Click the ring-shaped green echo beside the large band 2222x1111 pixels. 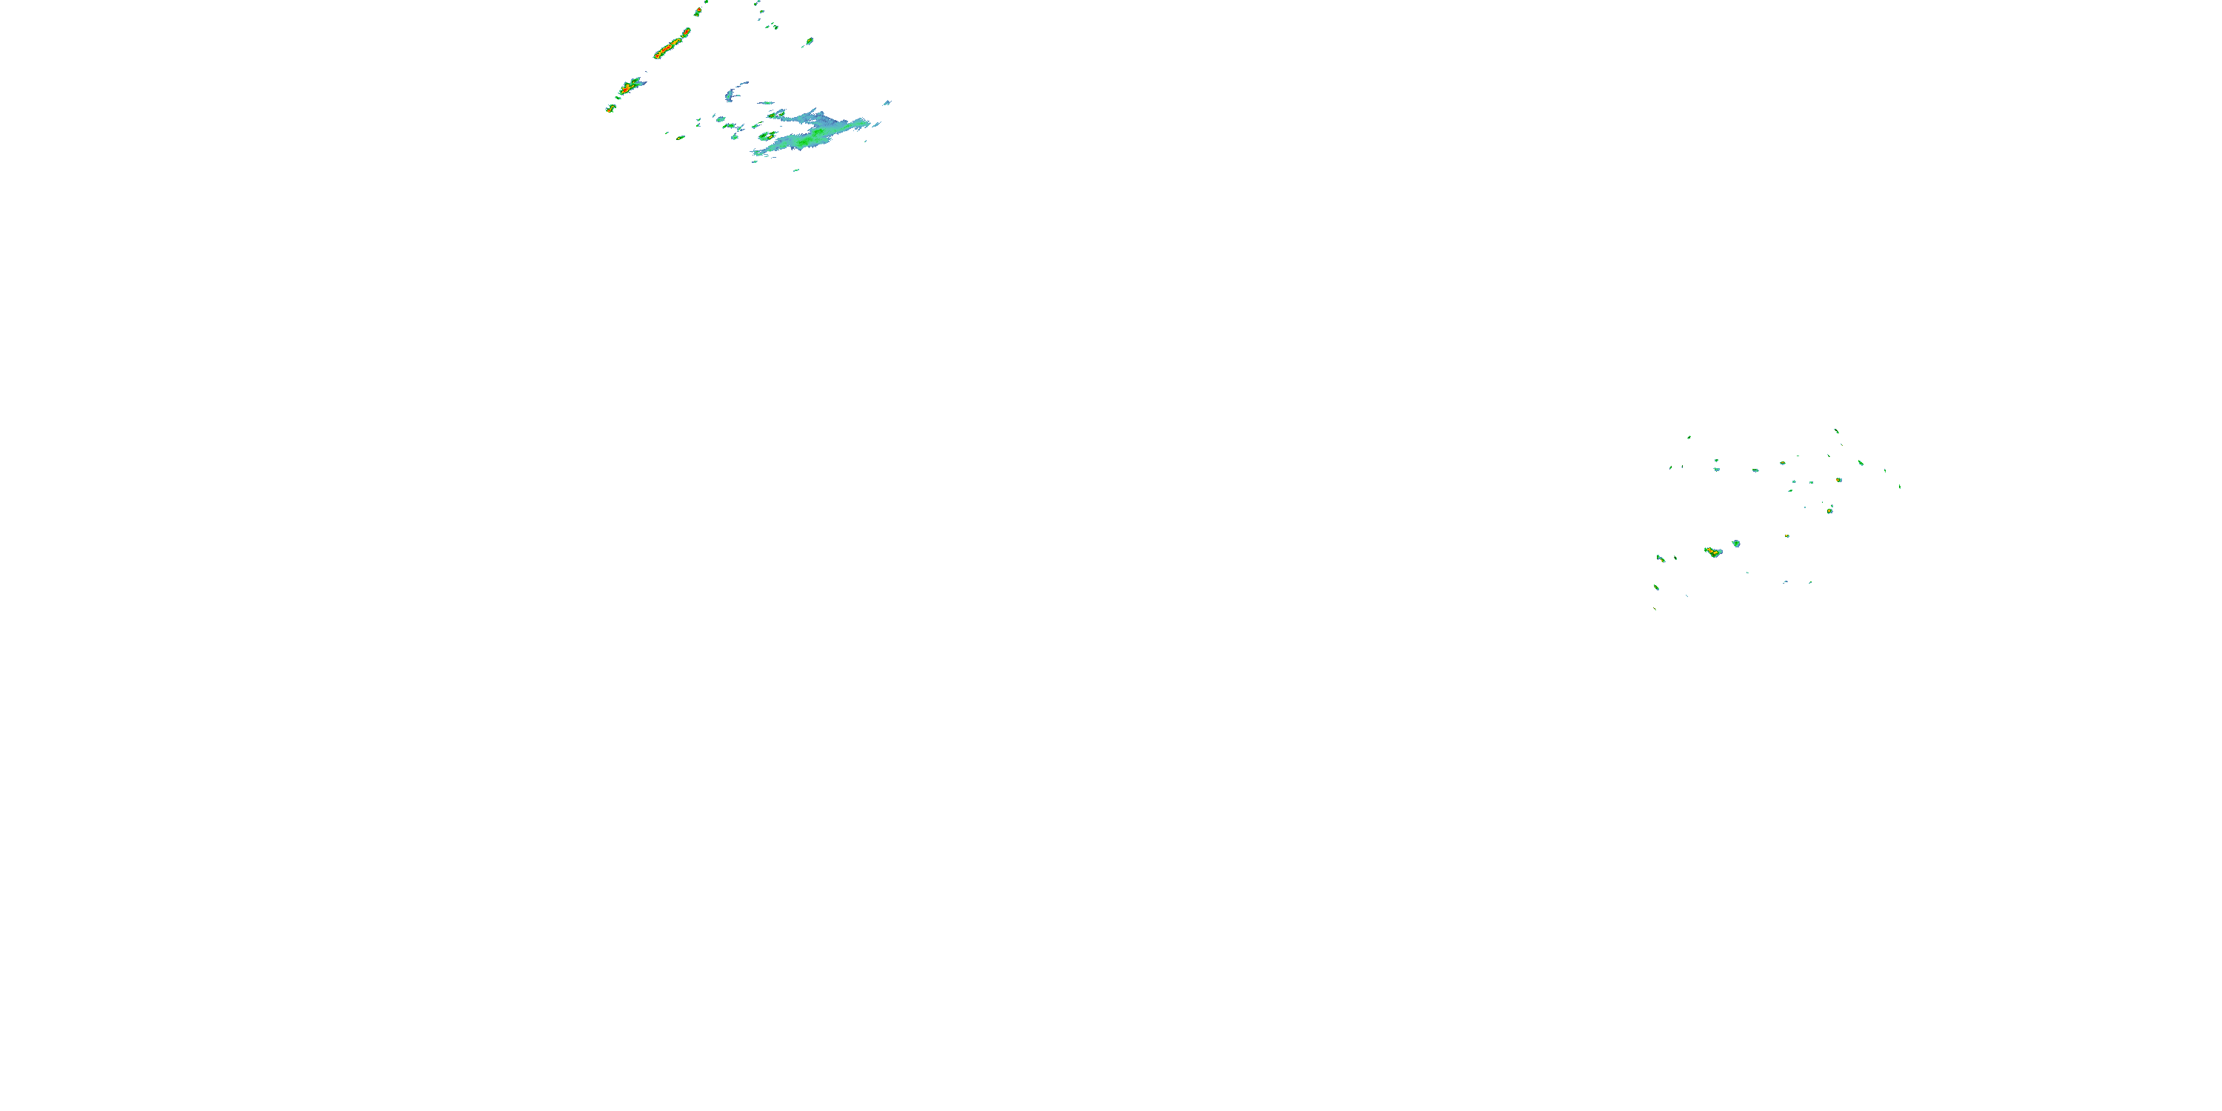[x=767, y=136]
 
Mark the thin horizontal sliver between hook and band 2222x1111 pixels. [x=766, y=103]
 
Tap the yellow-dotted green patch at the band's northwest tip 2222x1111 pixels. [x=776, y=114]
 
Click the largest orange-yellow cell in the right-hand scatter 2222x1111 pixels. [x=1713, y=551]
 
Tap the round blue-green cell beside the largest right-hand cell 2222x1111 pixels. [x=1735, y=544]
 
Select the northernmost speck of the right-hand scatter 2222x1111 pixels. [x=1835, y=430]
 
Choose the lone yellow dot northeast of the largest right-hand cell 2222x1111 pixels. [x=1786, y=536]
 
